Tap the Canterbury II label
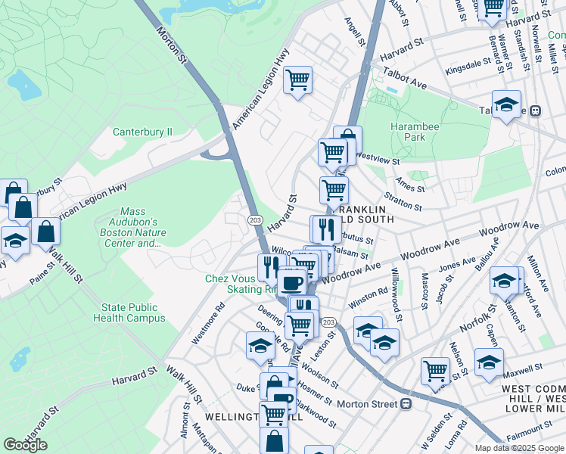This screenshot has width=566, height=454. pyautogui.click(x=143, y=132)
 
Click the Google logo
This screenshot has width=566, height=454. pyautogui.click(x=25, y=445)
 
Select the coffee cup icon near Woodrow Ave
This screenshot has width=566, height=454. pyautogui.click(x=291, y=282)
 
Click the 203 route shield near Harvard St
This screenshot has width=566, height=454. pyautogui.click(x=255, y=219)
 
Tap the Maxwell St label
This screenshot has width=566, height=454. pyautogui.click(x=523, y=368)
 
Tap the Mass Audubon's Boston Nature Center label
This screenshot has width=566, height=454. pyautogui.click(x=140, y=228)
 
